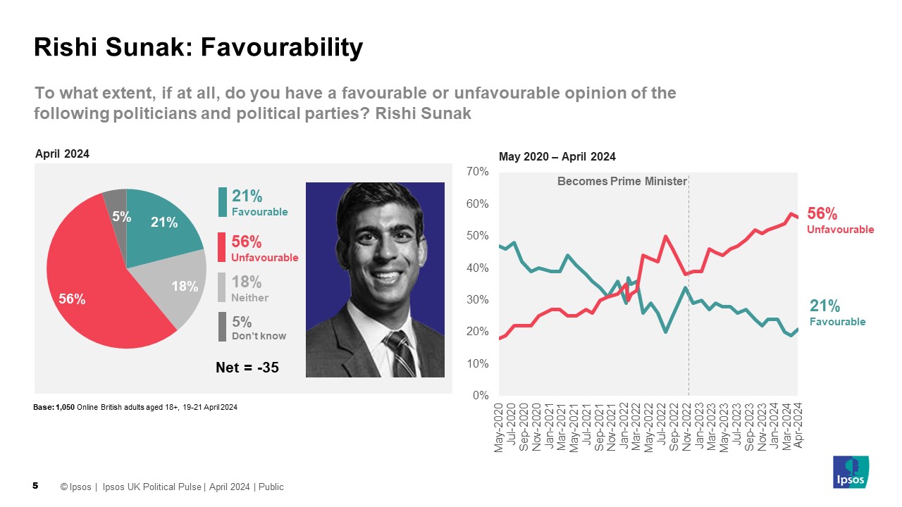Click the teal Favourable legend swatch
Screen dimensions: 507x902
pos(223,202)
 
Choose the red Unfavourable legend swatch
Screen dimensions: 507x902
pos(223,248)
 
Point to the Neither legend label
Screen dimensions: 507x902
pos(249,298)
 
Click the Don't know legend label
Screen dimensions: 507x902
pos(259,336)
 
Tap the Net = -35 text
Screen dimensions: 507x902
pos(247,367)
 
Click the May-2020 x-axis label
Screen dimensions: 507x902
pos(500,427)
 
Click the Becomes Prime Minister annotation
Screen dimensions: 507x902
pos(622,182)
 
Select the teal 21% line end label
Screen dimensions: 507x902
pos(824,306)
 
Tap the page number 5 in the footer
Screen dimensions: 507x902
pos(35,486)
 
